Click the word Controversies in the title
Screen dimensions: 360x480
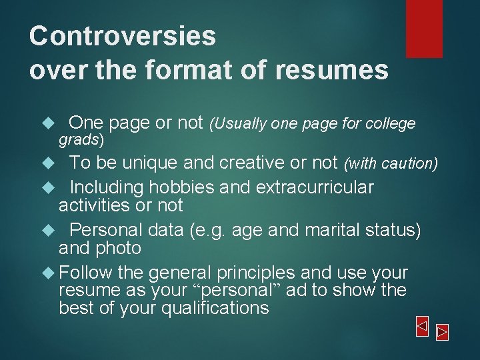[123, 36]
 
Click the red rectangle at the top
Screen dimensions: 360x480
[424, 28]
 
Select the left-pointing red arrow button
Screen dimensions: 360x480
[421, 326]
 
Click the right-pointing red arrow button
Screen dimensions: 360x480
[442, 331]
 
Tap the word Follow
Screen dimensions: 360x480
[85, 273]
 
